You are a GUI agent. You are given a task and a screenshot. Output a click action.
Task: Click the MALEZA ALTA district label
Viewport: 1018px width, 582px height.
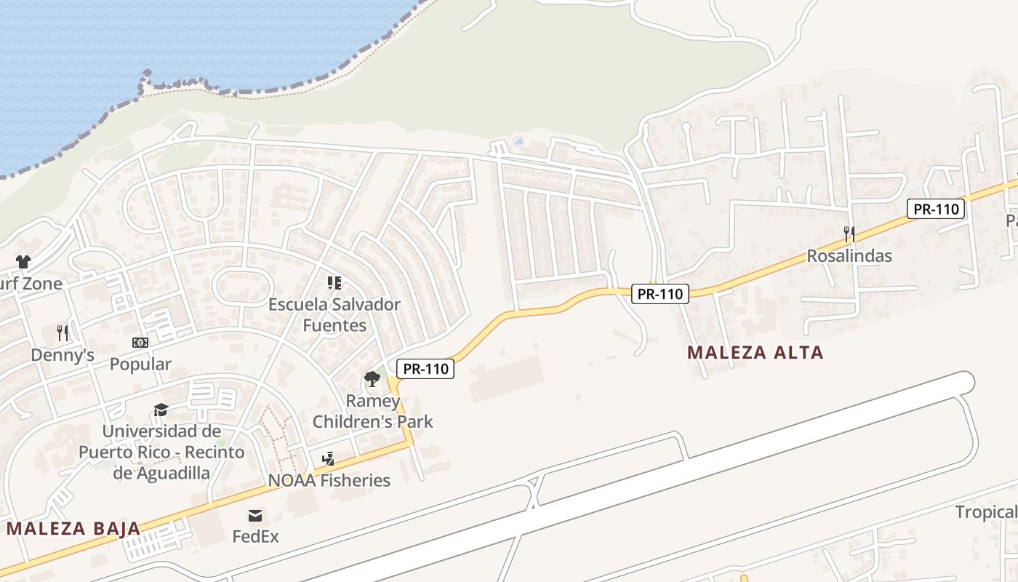coord(756,353)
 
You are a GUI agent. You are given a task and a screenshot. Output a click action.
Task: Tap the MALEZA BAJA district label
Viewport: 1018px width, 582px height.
coord(73,528)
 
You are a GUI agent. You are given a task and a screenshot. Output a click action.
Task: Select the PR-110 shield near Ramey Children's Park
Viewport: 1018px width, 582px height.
coord(426,369)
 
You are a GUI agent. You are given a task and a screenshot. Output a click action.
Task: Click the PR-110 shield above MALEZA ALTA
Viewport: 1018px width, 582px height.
coord(660,294)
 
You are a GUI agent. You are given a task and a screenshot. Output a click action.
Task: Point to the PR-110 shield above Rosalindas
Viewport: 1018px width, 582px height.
coord(936,210)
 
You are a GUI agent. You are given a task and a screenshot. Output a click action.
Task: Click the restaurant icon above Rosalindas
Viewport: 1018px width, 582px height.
coord(849,234)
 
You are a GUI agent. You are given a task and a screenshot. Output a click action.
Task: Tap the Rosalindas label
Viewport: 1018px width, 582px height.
coord(849,256)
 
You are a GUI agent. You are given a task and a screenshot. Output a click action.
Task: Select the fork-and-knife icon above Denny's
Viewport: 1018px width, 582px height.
coord(63,333)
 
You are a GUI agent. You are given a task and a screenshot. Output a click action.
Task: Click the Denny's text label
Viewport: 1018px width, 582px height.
coord(63,355)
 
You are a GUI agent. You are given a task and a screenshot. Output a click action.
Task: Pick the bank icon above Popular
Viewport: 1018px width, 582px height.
coord(140,342)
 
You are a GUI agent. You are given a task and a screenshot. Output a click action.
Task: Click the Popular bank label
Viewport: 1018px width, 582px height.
coord(140,364)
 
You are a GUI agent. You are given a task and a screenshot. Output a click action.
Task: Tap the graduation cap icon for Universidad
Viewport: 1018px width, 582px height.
coord(161,410)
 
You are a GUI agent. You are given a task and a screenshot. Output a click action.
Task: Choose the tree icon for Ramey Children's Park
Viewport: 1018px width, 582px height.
coord(372,379)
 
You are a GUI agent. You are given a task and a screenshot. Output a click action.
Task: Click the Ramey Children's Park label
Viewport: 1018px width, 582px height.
coord(372,411)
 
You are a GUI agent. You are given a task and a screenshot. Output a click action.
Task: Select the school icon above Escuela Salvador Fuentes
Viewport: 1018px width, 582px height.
coord(334,282)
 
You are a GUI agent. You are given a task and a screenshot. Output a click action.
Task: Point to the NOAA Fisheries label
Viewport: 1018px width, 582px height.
coord(329,480)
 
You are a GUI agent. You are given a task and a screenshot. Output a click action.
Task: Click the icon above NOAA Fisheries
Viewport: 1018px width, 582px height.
coord(329,458)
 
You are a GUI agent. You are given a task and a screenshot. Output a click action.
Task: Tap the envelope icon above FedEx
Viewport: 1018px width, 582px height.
coord(255,516)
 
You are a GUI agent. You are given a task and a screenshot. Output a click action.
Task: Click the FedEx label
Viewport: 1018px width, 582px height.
coord(255,537)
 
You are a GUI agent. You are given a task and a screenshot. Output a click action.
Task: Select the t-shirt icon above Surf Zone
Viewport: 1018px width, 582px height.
coord(23,262)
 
